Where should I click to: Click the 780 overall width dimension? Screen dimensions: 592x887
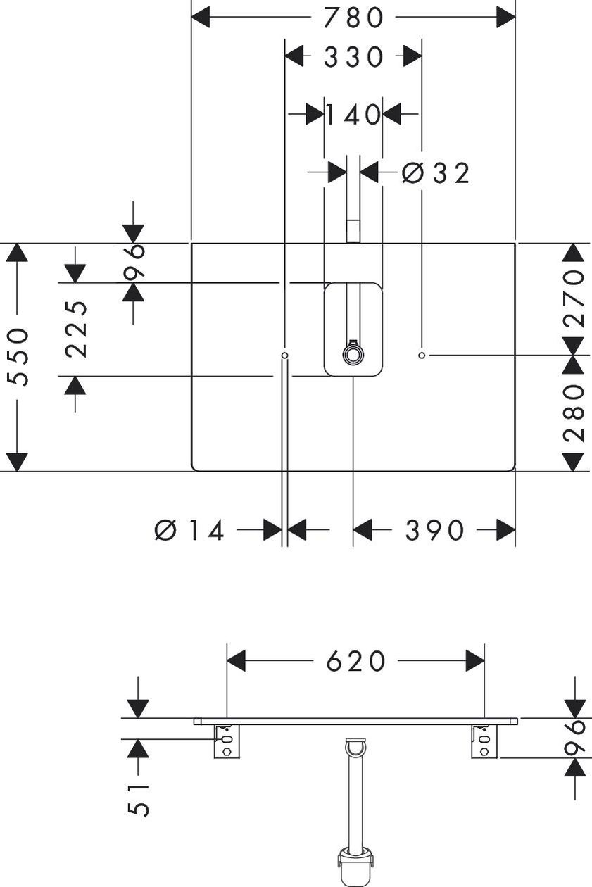click(x=353, y=18)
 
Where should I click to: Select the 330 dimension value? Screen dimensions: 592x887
click(x=353, y=56)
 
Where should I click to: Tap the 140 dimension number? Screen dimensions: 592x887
click(x=353, y=115)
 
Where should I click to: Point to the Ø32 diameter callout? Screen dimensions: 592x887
click(x=436, y=173)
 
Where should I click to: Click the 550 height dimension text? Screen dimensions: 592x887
click(x=18, y=357)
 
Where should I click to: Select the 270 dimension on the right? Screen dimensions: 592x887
click(x=574, y=298)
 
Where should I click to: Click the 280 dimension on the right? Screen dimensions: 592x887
click(x=574, y=413)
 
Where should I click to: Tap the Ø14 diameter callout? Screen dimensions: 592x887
click(x=189, y=530)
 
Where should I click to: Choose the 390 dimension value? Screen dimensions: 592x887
click(x=434, y=530)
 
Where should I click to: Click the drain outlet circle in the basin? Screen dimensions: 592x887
click(x=352, y=353)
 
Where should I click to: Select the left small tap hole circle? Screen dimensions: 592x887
click(x=284, y=356)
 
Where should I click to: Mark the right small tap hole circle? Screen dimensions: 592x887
click(x=422, y=356)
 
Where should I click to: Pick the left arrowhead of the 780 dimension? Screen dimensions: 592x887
click(x=201, y=18)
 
